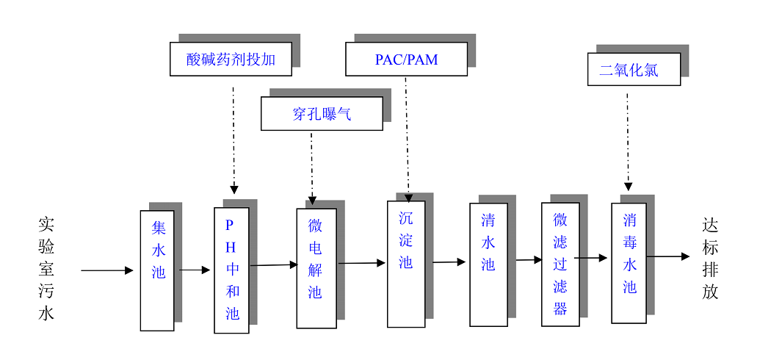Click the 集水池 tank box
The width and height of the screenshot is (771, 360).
(x=157, y=270)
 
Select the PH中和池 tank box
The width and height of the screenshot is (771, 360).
(x=231, y=270)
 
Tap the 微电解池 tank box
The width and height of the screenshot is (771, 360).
(x=316, y=268)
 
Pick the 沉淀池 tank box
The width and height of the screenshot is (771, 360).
(x=406, y=263)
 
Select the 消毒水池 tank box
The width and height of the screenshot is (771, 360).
(x=629, y=263)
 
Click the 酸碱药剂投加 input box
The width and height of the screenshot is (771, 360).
(x=231, y=59)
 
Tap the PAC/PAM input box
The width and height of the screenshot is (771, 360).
(x=406, y=59)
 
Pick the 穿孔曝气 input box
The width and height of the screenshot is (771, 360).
(x=322, y=114)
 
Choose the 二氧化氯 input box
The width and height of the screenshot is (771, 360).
(x=634, y=69)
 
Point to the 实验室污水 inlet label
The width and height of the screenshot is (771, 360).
(x=46, y=268)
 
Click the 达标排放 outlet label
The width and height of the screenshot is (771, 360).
(x=709, y=259)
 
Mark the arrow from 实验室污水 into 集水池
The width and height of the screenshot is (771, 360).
(x=107, y=270)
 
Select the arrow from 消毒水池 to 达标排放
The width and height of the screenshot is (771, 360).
(x=667, y=256)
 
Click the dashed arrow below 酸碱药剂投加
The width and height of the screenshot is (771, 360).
(x=234, y=140)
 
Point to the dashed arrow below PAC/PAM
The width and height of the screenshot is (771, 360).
(x=407, y=140)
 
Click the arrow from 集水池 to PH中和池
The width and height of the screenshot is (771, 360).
(x=195, y=270)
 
